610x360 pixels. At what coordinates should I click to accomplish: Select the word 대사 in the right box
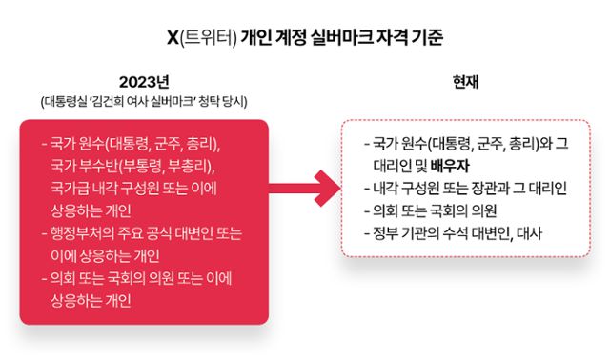pyautogui.click(x=526, y=232)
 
